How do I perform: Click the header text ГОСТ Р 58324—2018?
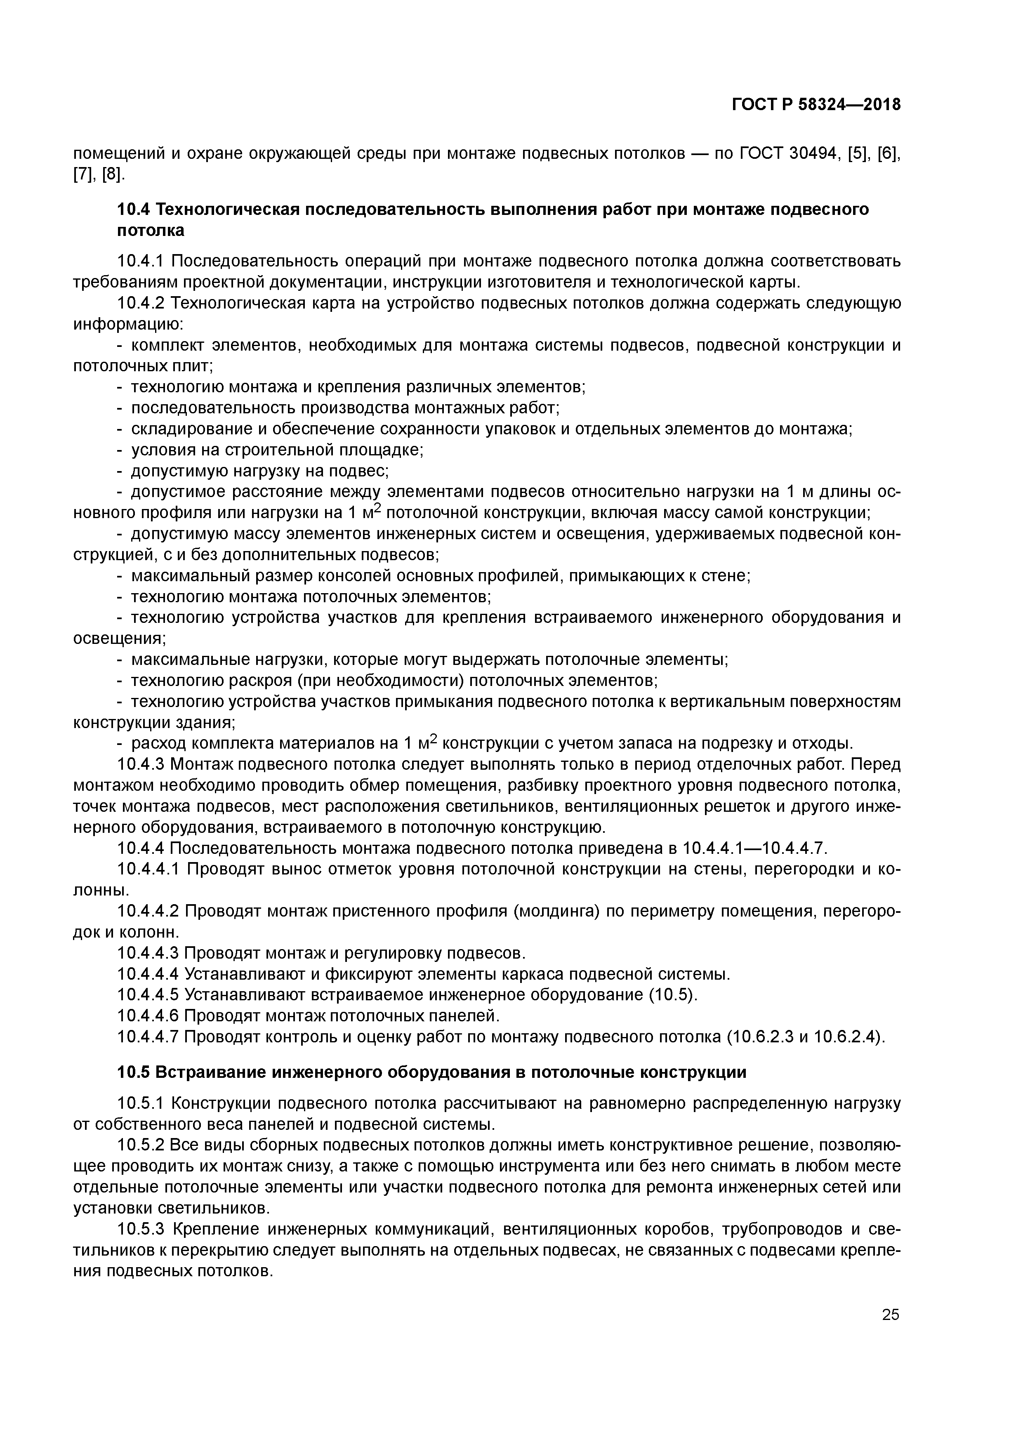[x=816, y=105]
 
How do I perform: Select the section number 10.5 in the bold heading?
[x=133, y=1072]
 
